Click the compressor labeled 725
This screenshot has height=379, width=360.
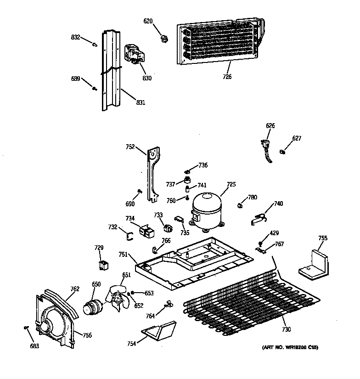[x=206, y=210]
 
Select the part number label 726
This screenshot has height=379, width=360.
[x=227, y=77]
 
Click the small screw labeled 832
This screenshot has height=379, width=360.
[x=95, y=45]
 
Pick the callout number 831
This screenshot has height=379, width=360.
[x=140, y=102]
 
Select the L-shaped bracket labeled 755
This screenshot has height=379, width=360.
[x=315, y=264]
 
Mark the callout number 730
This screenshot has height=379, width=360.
[x=286, y=329]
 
